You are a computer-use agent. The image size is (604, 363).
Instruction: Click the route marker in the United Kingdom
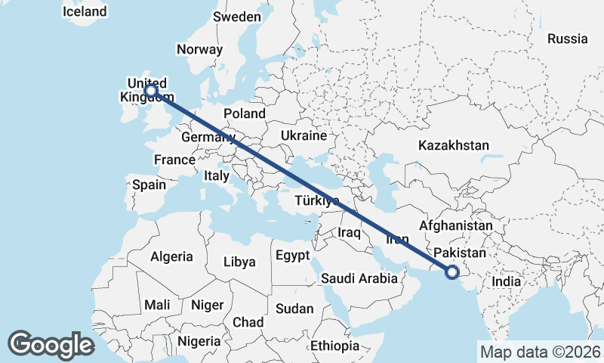[x=151, y=90]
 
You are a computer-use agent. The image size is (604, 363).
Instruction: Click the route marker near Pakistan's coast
[x=452, y=272]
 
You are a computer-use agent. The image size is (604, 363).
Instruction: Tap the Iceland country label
[x=85, y=12]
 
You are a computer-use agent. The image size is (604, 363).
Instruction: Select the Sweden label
[x=237, y=17]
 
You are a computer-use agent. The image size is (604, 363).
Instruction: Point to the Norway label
[x=199, y=50]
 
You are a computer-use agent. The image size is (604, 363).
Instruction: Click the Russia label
[x=567, y=39]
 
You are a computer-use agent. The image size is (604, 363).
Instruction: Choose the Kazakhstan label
[x=455, y=145]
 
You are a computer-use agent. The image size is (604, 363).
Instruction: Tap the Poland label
[x=244, y=113]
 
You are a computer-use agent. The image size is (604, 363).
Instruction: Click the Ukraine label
[x=303, y=136]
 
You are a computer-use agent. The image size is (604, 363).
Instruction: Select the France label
[x=174, y=160]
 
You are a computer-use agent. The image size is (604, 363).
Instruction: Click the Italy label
[x=216, y=175]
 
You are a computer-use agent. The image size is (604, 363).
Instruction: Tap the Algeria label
[x=171, y=256]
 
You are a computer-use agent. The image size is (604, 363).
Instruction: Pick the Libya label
[x=239, y=262]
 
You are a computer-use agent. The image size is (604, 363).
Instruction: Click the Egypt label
[x=292, y=256]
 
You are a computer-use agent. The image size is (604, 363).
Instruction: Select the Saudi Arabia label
[x=359, y=278]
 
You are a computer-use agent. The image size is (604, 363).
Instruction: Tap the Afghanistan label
[x=461, y=226]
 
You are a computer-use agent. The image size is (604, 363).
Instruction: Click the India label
[x=506, y=281]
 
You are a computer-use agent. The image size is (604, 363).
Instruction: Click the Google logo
[x=51, y=345]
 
